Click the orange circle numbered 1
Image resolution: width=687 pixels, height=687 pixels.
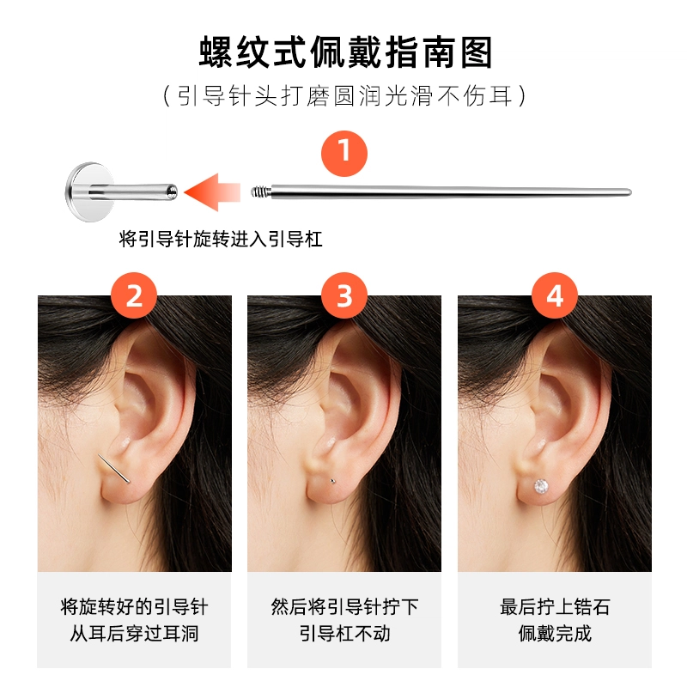tap(344, 154)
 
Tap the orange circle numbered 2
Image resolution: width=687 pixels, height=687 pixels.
tap(134, 295)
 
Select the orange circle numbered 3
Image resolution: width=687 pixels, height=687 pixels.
tap(344, 295)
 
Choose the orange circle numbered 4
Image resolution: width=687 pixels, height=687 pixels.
tap(554, 295)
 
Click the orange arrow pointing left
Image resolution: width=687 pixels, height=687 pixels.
tap(212, 192)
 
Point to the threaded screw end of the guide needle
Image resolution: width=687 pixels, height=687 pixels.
tap(261, 192)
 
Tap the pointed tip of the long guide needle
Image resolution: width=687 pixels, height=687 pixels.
tap(629, 192)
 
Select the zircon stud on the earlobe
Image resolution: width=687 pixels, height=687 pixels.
tap(541, 486)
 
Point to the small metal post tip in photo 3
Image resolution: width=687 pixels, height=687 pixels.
tap(333, 481)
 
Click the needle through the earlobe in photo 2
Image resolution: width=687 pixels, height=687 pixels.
tap(113, 469)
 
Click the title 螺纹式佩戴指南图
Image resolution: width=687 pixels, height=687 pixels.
tap(346, 52)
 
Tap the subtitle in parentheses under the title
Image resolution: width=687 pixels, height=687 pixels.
tap(344, 96)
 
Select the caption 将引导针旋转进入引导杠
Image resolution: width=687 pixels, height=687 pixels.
tap(221, 240)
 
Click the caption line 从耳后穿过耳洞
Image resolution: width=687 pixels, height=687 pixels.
tap(134, 634)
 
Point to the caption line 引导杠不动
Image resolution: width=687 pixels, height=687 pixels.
tap(344, 634)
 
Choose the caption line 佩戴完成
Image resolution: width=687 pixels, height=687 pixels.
tap(555, 634)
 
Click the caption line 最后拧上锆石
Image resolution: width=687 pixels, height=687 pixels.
tap(555, 607)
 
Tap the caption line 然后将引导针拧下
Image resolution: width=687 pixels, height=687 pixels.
tap(344, 607)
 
